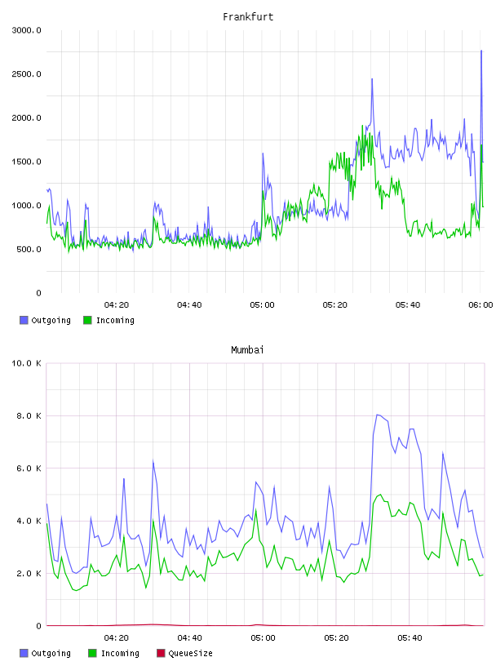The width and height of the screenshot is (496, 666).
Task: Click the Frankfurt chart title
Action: (x=248, y=16)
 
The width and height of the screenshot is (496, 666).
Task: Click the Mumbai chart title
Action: (x=247, y=349)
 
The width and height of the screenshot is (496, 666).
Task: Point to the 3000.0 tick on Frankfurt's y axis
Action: (x=26, y=30)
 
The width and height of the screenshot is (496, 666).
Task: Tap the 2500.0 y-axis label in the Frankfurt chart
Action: (x=26, y=74)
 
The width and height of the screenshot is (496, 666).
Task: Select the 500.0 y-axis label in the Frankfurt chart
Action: (x=29, y=249)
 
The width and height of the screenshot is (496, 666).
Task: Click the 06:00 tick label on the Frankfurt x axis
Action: (x=480, y=304)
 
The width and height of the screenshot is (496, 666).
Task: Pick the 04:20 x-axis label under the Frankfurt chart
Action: (x=117, y=304)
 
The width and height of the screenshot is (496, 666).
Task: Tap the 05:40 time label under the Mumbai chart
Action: (x=410, y=637)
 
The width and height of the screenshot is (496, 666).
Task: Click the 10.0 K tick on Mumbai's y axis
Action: (x=26, y=363)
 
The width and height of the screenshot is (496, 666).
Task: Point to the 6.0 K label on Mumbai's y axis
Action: (x=29, y=468)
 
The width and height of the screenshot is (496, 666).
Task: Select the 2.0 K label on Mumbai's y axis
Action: (x=29, y=574)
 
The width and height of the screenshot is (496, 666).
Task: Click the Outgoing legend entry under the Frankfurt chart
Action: (x=45, y=320)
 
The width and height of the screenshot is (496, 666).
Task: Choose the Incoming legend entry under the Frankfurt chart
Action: (x=109, y=320)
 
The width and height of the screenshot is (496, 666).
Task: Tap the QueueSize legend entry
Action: (x=184, y=653)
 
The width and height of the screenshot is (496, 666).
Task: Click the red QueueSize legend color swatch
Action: (x=161, y=653)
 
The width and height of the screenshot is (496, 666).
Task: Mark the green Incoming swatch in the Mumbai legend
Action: (x=92, y=653)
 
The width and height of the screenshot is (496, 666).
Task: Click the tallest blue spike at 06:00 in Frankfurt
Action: (x=481, y=51)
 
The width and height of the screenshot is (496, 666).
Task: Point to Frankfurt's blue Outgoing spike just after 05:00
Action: (x=263, y=153)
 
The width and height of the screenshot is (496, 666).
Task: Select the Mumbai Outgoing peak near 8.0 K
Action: (x=377, y=415)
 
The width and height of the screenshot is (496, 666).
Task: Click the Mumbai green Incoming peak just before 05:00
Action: (x=255, y=509)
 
